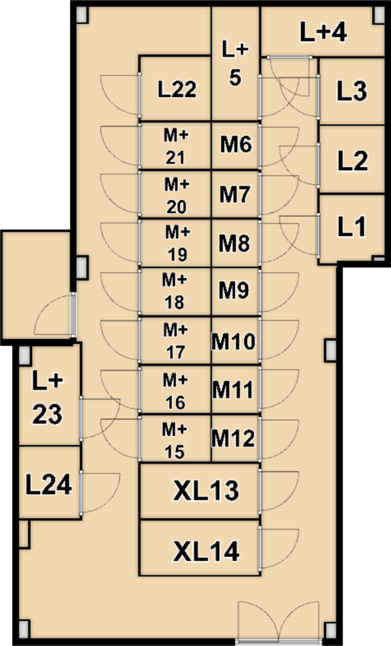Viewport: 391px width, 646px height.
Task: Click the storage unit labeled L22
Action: (175, 88)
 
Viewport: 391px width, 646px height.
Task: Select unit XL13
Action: (199, 491)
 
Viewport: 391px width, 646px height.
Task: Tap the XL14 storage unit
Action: (199, 548)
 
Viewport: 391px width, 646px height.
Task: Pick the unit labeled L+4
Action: (322, 32)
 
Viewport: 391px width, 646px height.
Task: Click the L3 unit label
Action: (352, 91)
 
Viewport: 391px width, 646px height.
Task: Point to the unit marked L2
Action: (351, 160)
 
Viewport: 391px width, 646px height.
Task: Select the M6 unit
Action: (236, 145)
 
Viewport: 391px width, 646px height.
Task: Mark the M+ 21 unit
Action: (175, 145)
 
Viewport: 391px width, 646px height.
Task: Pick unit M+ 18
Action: (175, 292)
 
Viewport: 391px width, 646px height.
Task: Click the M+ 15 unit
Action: (175, 438)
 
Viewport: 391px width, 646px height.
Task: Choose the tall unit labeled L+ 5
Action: (236, 64)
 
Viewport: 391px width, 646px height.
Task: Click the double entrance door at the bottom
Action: (279, 622)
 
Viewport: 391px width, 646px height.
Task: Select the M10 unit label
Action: (234, 341)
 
